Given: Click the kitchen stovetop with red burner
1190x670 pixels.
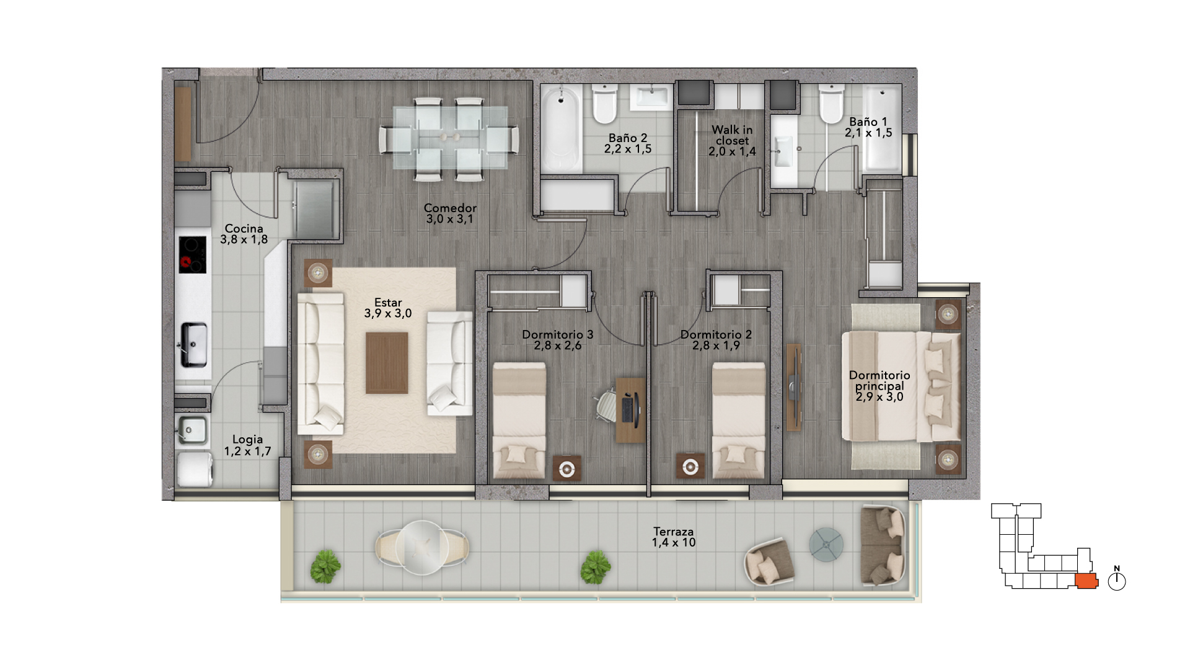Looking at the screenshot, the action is tap(193, 254).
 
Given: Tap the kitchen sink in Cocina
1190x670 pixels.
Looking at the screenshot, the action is tap(193, 345).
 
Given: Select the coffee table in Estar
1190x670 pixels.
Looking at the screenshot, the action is tap(387, 363).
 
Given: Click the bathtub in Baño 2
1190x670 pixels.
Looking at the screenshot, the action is tap(562, 128).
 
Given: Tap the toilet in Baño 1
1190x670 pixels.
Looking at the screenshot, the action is tap(831, 104).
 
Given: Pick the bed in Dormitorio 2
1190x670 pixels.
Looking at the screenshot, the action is tap(739, 421).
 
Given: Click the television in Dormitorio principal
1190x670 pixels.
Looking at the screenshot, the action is tap(793, 387).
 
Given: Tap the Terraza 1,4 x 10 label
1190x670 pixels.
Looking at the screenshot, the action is tap(674, 537).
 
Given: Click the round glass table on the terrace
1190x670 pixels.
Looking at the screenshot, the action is tap(422, 548).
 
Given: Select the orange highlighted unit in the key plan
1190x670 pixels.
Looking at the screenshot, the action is tap(1086, 581).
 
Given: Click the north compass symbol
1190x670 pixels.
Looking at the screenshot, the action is tap(1117, 579).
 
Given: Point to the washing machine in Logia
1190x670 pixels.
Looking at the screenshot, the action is tap(195, 469).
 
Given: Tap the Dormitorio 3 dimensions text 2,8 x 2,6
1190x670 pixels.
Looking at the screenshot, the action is tap(558, 346).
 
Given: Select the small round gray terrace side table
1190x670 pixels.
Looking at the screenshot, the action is tap(826, 544).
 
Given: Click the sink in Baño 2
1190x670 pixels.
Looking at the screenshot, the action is tap(651, 97).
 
